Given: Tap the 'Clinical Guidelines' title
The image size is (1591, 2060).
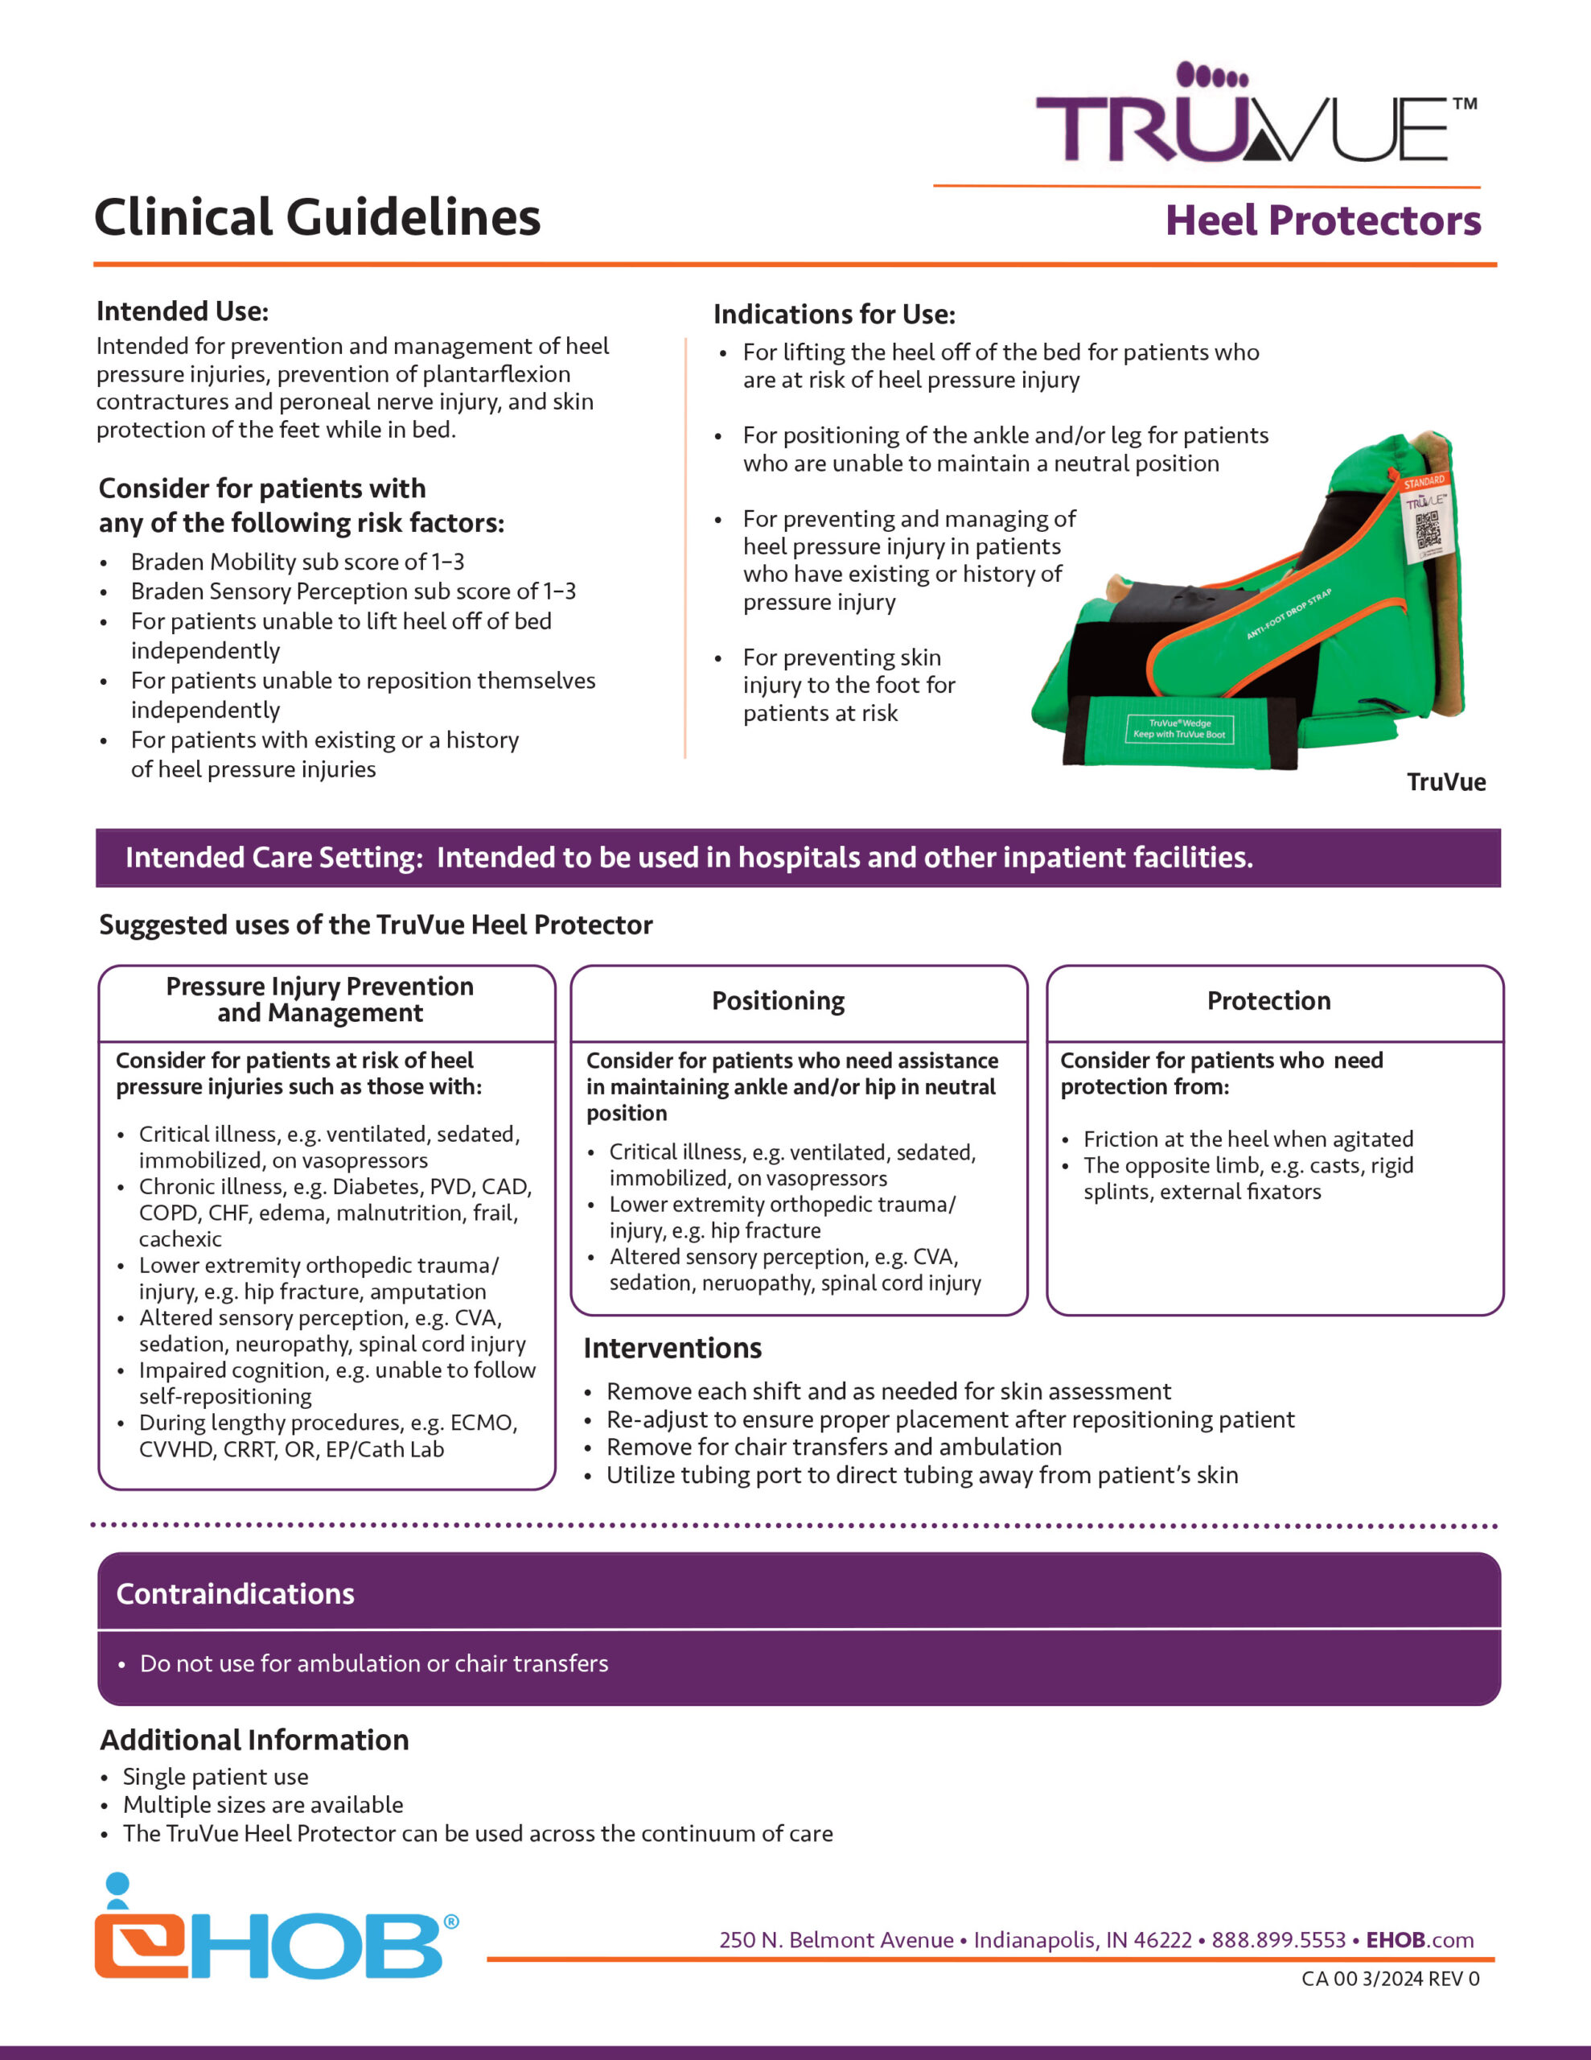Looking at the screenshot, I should click(317, 217).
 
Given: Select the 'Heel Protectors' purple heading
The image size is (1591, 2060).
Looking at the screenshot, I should click(1322, 220).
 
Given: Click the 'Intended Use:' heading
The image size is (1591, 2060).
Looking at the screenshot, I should click(182, 311).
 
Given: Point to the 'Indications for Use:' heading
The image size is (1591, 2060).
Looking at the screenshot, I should click(833, 314).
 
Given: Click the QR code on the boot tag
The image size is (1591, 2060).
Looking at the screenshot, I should click(1427, 531).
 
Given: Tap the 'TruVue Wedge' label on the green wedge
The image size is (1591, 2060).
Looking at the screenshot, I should click(1179, 728).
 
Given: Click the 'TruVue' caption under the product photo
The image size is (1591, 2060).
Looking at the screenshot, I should click(1445, 782).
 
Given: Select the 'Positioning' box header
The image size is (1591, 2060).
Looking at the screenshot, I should click(778, 1001).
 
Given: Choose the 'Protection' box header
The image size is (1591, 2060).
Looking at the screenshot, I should click(1268, 1001).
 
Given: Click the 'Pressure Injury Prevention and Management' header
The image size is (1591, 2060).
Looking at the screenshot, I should click(319, 999).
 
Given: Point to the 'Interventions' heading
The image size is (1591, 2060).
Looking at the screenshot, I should click(672, 1348).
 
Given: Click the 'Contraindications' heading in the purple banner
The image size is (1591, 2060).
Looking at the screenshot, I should click(235, 1593).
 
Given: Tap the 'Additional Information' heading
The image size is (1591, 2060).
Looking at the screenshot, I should click(255, 1739).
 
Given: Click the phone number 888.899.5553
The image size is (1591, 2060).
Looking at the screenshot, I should click(1278, 1939).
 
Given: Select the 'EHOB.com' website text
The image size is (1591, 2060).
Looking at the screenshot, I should click(1420, 1939).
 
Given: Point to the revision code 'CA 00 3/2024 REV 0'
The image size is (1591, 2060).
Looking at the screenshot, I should click(1390, 1978).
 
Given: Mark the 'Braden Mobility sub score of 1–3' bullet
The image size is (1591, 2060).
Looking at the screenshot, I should click(297, 562).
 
